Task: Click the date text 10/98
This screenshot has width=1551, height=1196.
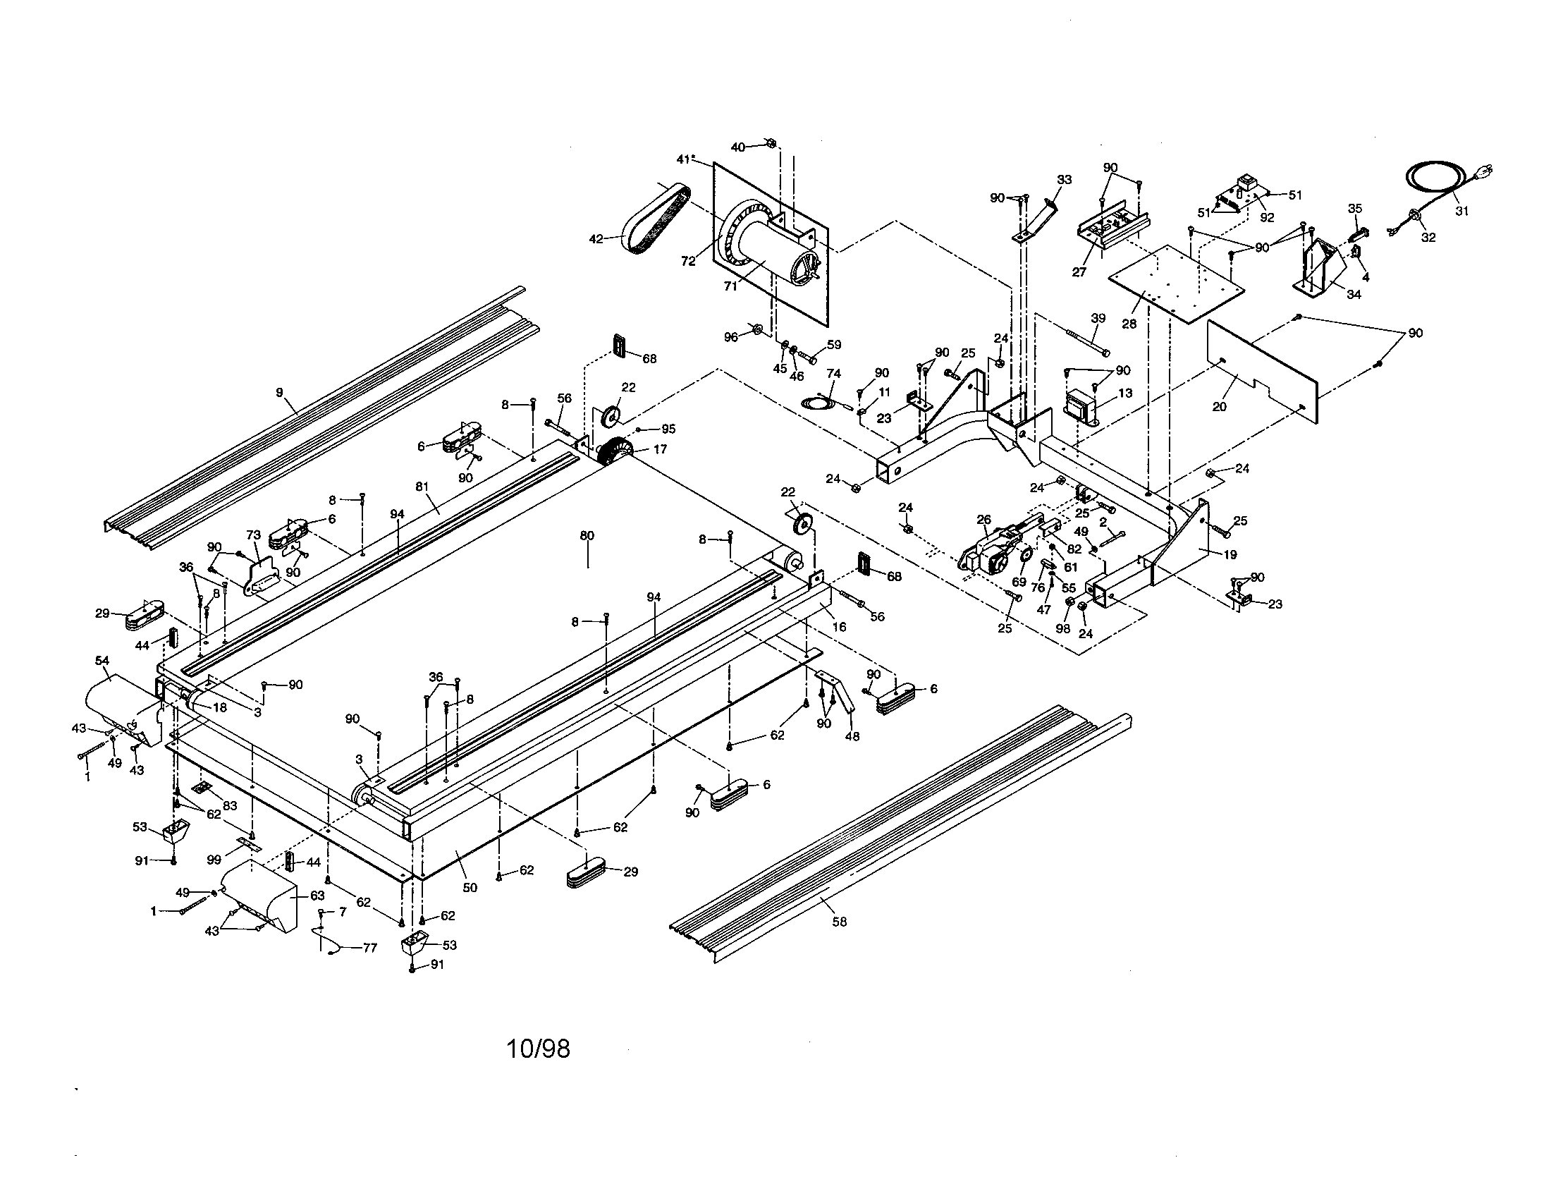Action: (539, 1049)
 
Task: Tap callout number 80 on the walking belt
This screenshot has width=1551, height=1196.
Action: (587, 535)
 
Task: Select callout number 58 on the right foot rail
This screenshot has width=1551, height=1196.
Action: (840, 922)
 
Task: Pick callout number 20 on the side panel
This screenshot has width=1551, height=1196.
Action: (1220, 407)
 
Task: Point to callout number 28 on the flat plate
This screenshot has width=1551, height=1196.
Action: (1129, 324)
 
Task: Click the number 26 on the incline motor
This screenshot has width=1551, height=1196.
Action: (983, 520)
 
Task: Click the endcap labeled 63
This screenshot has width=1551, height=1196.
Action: (266, 898)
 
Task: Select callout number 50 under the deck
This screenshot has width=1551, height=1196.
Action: (470, 887)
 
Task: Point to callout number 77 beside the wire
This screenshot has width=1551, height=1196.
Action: (369, 948)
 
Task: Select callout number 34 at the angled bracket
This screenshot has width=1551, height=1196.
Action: (1354, 294)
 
